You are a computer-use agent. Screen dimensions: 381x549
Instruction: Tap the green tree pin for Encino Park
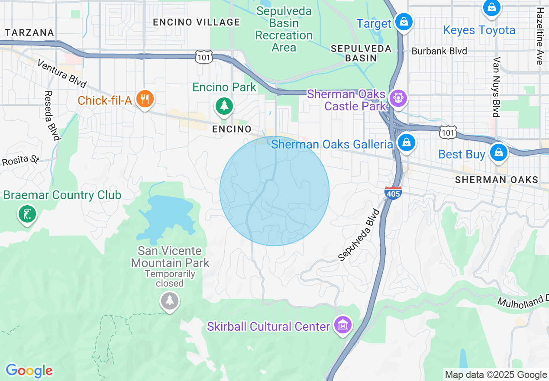223,106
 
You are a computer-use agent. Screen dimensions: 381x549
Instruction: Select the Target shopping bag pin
404,22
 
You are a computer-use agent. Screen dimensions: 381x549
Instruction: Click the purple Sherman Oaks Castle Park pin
397,98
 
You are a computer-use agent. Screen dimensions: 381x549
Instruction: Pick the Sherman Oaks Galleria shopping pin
406,142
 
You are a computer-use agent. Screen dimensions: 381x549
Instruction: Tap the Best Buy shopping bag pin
498,152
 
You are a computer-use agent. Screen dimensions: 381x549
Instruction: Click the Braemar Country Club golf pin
27,214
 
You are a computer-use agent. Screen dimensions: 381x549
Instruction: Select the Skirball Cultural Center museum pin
342,324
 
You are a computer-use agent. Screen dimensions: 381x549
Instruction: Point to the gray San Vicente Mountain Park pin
169,300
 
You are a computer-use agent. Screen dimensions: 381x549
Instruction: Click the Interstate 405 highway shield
393,193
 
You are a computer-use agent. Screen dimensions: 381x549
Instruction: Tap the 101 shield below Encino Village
203,57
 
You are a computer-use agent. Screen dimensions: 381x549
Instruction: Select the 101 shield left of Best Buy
447,132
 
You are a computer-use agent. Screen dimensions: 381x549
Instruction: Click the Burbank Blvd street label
439,51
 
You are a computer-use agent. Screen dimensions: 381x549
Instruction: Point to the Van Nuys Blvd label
497,87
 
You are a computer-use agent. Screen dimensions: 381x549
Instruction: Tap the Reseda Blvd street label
52,116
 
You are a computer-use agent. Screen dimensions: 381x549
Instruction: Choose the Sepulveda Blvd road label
359,236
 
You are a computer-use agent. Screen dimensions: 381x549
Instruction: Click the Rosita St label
20,160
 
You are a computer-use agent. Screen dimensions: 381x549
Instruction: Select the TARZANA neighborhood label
29,32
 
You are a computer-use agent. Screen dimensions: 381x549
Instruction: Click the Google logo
29,371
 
